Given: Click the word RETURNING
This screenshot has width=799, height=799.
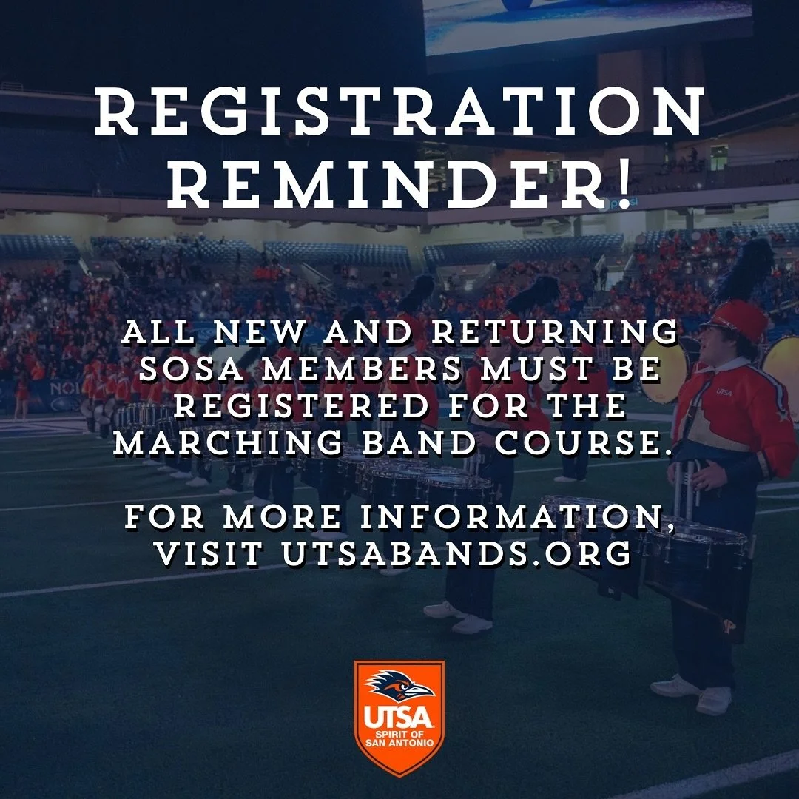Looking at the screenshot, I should coord(554,333).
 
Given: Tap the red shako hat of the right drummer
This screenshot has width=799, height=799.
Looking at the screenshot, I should coord(736,320).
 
